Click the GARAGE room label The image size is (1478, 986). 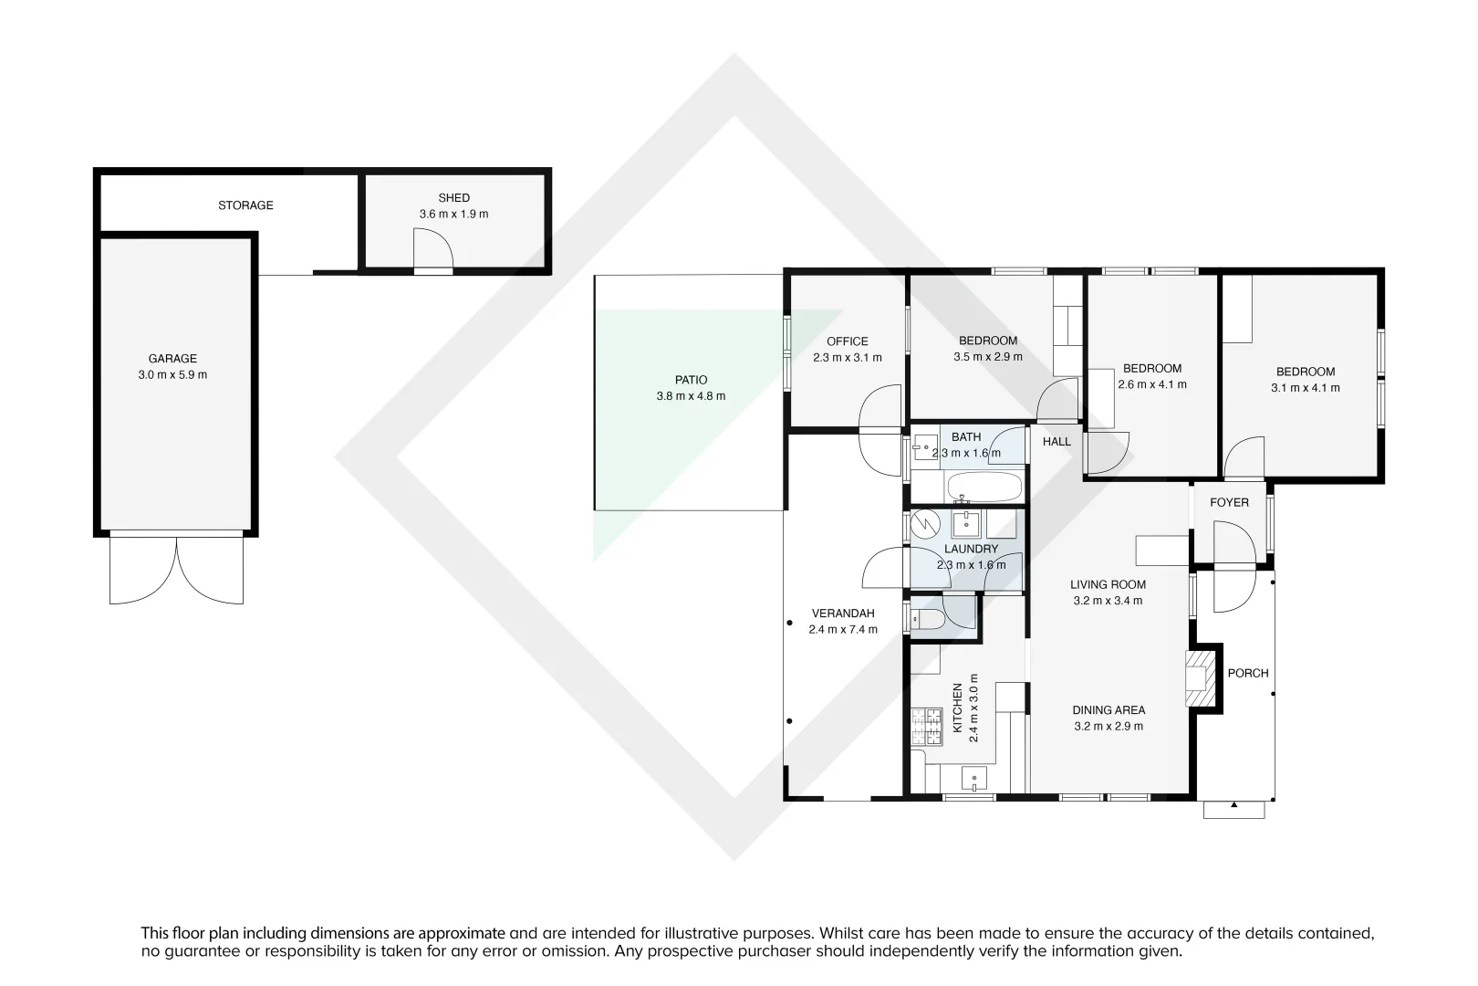[172, 359]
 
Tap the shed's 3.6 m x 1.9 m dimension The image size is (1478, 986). [453, 214]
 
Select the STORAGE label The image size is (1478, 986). [245, 205]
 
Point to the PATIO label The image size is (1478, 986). [691, 380]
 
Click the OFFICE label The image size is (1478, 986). [848, 341]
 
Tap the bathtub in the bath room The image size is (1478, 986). [984, 487]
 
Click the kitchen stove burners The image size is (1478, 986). [925, 729]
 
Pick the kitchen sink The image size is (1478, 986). [974, 780]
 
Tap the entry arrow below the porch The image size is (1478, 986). [1233, 806]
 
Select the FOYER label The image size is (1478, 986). [1229, 502]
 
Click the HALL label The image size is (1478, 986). [1056, 441]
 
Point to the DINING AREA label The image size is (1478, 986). [1108, 709]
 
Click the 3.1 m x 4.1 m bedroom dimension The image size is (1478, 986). [1305, 388]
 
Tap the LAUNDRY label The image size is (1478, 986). [971, 549]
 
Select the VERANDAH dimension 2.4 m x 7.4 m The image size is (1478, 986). [843, 629]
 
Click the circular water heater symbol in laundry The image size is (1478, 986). [925, 524]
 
